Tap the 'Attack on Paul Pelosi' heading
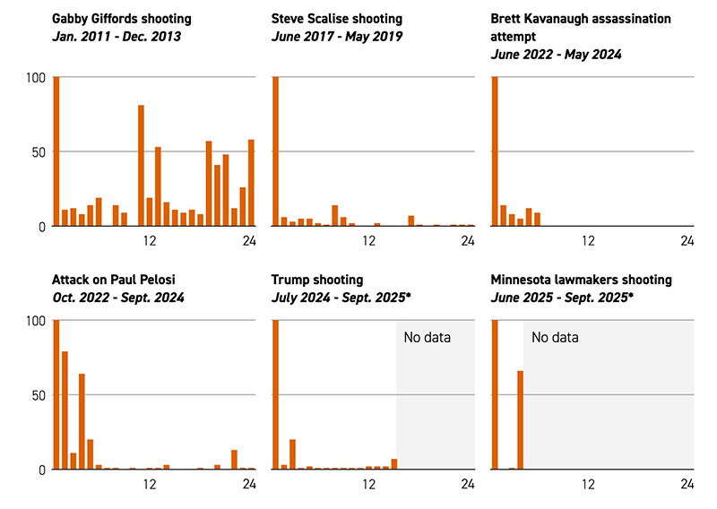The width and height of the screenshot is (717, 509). point(108,280)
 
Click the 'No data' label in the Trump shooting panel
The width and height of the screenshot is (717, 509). point(427,338)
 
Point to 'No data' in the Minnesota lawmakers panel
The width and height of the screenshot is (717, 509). point(555,338)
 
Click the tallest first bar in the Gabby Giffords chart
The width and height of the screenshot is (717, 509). point(56,152)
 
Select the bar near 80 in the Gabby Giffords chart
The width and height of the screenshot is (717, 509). point(142,166)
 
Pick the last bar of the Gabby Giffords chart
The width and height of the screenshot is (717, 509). point(251,183)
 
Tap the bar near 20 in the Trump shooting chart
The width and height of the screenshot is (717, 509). point(292,453)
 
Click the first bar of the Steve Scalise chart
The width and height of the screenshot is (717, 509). point(275,152)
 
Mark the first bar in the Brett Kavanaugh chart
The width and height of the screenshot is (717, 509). point(495,152)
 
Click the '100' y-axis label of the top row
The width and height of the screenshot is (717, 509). point(35,78)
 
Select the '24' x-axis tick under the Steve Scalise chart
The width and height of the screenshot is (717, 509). point(468,240)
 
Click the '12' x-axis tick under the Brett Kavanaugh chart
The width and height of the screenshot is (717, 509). point(588,240)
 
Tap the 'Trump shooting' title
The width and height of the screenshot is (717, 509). point(317,280)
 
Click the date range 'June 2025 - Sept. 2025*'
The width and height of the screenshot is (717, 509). point(559,298)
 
